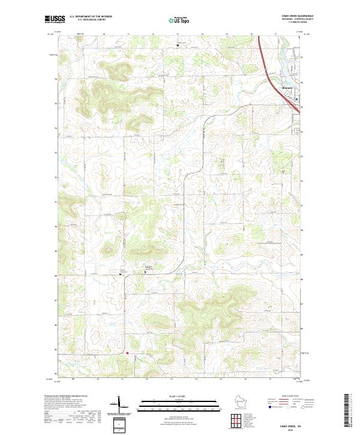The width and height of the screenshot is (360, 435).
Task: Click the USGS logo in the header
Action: pyautogui.click(x=54, y=19)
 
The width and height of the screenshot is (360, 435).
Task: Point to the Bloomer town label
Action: pyautogui.click(x=287, y=88)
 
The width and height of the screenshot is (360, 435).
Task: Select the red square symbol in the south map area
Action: pyautogui.click(x=127, y=353)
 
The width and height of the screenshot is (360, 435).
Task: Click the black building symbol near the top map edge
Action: pyautogui.click(x=177, y=45)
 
